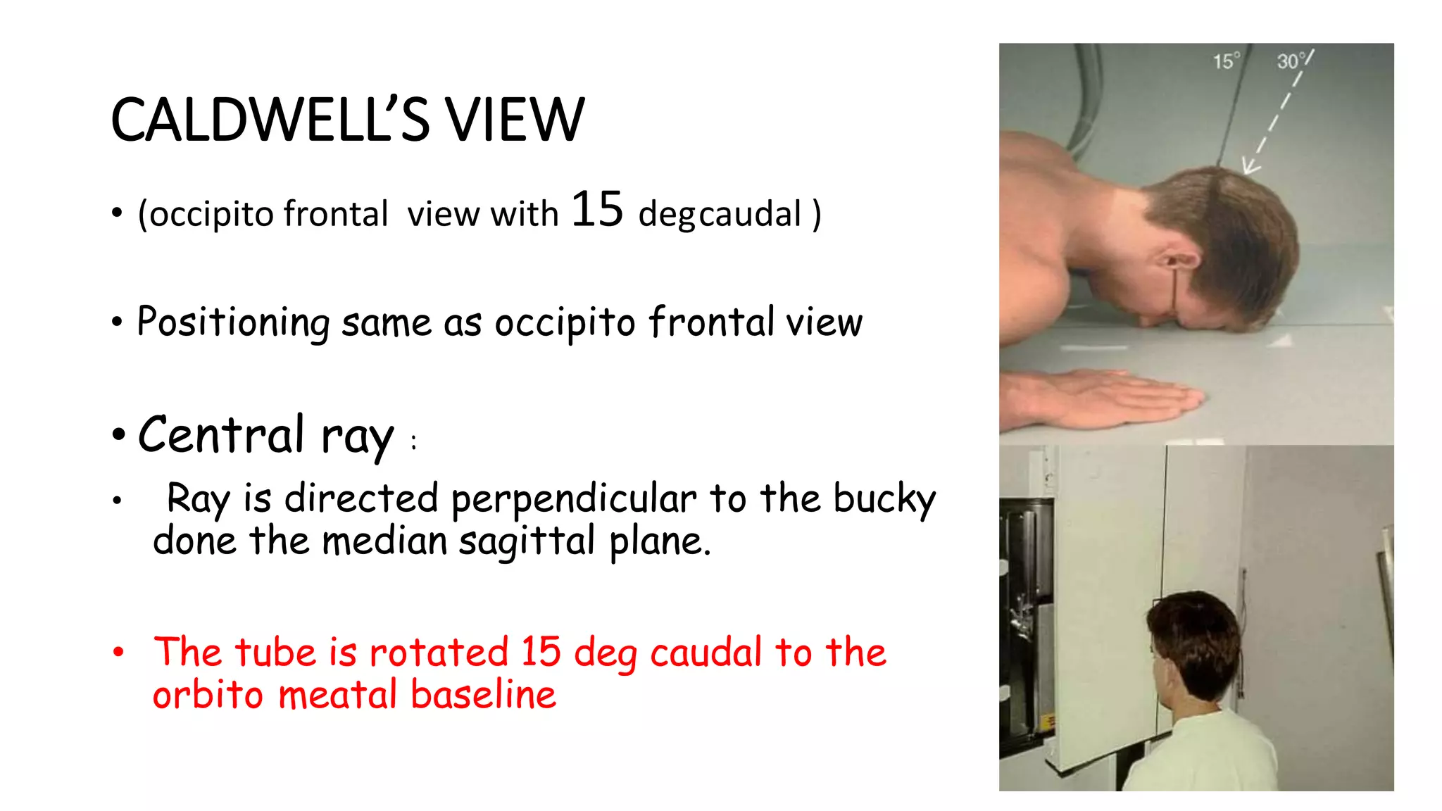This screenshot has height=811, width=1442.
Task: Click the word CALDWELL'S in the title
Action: tap(270, 120)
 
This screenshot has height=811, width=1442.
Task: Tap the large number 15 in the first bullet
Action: tap(597, 210)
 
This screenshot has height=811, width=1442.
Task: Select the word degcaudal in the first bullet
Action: tap(720, 214)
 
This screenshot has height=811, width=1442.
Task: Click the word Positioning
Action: tap(233, 322)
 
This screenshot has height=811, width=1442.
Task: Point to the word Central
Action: tap(221, 435)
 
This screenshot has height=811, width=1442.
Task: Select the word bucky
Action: tap(884, 499)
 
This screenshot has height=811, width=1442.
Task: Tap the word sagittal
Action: tap(527, 541)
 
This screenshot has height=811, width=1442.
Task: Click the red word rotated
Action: tap(438, 651)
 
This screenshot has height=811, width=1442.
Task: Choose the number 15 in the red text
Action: tap(541, 651)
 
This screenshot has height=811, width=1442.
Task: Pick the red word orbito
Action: tap(208, 695)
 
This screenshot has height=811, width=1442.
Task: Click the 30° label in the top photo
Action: tap(1291, 61)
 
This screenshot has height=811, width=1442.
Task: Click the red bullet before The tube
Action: tap(118, 651)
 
